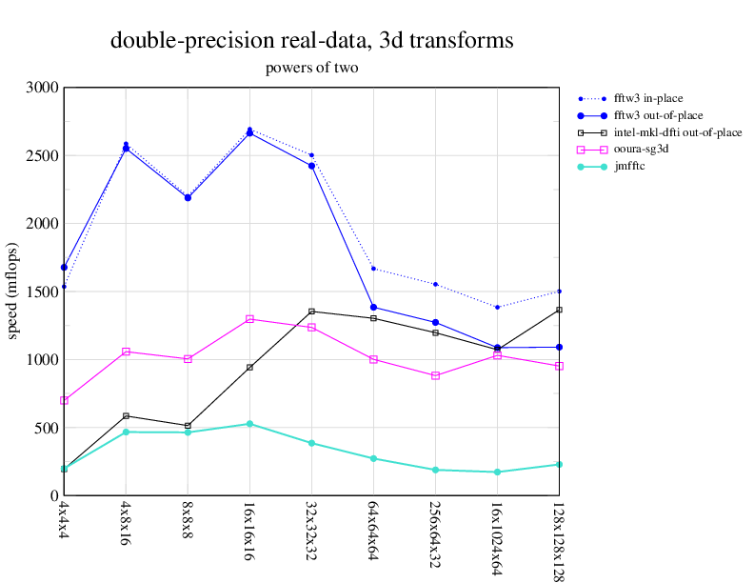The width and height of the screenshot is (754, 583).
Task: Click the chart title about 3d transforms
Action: click(x=311, y=41)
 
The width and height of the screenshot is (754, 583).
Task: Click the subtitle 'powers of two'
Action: click(x=311, y=68)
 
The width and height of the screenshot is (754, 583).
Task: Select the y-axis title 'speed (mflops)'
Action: click(x=13, y=291)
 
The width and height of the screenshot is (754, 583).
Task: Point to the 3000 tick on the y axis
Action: click(x=43, y=88)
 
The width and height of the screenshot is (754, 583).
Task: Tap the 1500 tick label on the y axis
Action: click(x=43, y=291)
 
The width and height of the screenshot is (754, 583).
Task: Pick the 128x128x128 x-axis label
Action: click(x=559, y=539)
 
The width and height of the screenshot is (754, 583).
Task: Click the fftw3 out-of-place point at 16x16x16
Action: click(x=249, y=133)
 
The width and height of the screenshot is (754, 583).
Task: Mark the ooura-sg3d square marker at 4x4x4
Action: click(x=64, y=401)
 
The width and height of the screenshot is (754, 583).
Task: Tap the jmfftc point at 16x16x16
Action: click(x=249, y=424)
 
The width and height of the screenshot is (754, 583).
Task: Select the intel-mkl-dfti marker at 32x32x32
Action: click(x=311, y=312)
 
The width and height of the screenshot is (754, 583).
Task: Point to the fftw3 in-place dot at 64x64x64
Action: click(x=373, y=269)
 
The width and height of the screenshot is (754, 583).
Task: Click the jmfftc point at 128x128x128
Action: click(x=559, y=464)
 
